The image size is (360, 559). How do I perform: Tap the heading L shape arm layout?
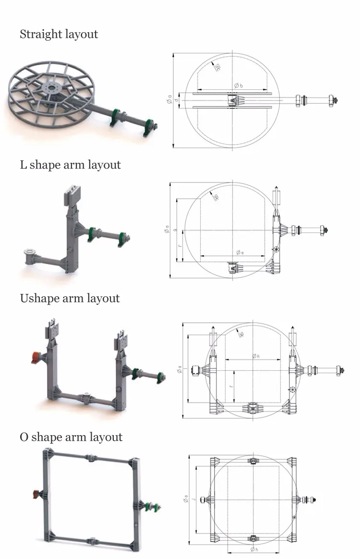(70, 165)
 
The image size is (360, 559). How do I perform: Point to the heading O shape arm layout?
(71, 437)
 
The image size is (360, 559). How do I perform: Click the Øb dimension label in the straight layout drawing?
(239, 85)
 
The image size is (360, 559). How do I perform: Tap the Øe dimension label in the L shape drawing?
(240, 252)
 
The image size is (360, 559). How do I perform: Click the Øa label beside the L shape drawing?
(167, 231)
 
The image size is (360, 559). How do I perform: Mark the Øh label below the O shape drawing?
(253, 549)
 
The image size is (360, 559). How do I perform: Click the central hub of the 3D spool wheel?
(49, 89)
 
